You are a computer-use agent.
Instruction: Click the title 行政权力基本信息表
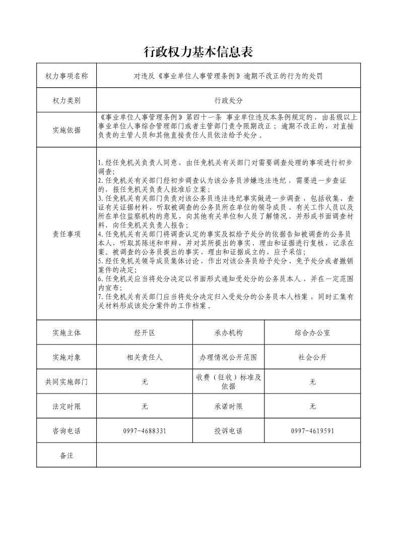point(197,52)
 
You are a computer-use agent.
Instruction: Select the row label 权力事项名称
point(66,76)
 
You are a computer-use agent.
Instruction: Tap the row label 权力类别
point(66,101)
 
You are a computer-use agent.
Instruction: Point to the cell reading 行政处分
point(228,101)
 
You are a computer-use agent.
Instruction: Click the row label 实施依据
point(66,130)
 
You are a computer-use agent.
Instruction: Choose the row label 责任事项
point(66,234)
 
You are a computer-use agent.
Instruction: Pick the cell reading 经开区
point(145,333)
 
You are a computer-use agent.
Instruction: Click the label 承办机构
point(228,333)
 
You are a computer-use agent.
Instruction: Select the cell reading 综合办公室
point(312,333)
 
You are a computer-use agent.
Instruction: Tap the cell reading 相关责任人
point(145,357)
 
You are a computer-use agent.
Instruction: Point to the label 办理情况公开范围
point(228,357)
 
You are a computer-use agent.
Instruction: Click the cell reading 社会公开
point(312,357)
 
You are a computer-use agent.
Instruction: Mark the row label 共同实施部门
point(66,382)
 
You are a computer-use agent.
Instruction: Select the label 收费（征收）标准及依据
point(228,382)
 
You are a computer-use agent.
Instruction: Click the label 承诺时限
point(228,407)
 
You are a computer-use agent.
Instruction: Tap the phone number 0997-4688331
point(145,431)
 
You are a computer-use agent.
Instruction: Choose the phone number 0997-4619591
point(312,431)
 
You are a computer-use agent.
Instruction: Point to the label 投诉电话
point(228,431)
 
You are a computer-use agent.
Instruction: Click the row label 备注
point(66,456)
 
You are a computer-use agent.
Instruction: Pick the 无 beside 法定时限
point(145,407)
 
